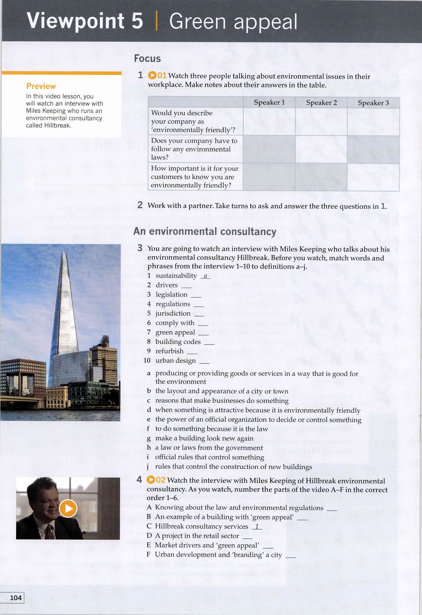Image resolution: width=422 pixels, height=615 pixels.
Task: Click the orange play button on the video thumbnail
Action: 68,508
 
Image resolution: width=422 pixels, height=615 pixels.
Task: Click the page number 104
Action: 15,598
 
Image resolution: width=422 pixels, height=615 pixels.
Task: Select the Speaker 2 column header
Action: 321,102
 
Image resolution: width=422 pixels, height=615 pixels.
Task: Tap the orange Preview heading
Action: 41,86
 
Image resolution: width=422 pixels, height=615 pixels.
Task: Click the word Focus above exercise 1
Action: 147,58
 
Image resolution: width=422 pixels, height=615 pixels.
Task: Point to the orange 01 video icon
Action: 157,76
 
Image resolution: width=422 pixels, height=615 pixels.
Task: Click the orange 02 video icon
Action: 156,480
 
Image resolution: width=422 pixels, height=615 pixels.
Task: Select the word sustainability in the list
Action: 176,276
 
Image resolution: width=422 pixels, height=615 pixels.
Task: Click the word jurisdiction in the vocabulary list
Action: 173,313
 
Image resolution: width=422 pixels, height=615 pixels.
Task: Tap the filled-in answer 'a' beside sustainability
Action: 205,276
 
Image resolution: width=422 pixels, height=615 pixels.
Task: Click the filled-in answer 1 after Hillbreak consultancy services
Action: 256,527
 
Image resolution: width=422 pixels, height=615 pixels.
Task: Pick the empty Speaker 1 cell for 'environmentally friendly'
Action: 269,122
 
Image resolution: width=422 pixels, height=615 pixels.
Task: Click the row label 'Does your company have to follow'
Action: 194,149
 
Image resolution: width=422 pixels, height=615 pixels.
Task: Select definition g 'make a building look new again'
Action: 204,438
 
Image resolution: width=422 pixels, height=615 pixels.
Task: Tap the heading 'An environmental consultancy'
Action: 205,231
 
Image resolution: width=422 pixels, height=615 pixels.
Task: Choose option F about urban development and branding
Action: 218,555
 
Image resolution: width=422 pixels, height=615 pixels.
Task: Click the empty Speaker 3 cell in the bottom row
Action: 373,177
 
